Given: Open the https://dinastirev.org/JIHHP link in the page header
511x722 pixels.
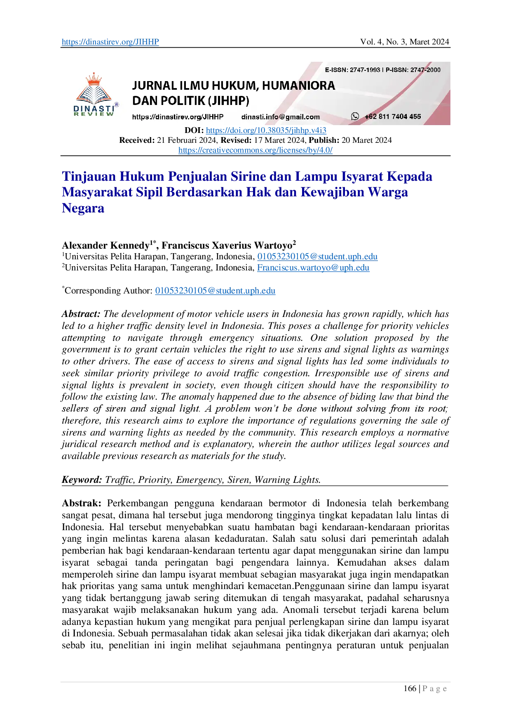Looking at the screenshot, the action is click(110, 42).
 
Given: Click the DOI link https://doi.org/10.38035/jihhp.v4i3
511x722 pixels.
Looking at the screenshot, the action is click(266, 130).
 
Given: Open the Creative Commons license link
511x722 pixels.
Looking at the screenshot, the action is click(255, 150).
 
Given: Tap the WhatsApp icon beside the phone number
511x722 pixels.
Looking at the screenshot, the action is click(355, 116).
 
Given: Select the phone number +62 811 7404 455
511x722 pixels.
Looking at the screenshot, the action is click(393, 116).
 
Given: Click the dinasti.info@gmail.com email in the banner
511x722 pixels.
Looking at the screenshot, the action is click(281, 117).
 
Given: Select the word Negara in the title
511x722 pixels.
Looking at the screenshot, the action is click(83, 208).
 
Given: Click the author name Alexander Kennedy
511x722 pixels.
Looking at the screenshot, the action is click(106, 245).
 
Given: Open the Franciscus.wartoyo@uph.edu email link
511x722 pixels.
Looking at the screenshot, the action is click(313, 268).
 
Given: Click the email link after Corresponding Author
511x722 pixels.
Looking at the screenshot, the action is click(215, 291).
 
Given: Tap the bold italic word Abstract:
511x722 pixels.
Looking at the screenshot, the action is click(81, 314).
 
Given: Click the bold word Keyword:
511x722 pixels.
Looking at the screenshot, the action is click(82, 480).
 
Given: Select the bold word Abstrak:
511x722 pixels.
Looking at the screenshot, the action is click(82, 503).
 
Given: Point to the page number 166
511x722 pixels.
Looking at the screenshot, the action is click(410, 689).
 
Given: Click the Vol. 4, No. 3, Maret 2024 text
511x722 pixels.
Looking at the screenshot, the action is click(405, 42).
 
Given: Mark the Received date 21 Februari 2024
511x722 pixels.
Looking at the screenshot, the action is click(187, 140).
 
